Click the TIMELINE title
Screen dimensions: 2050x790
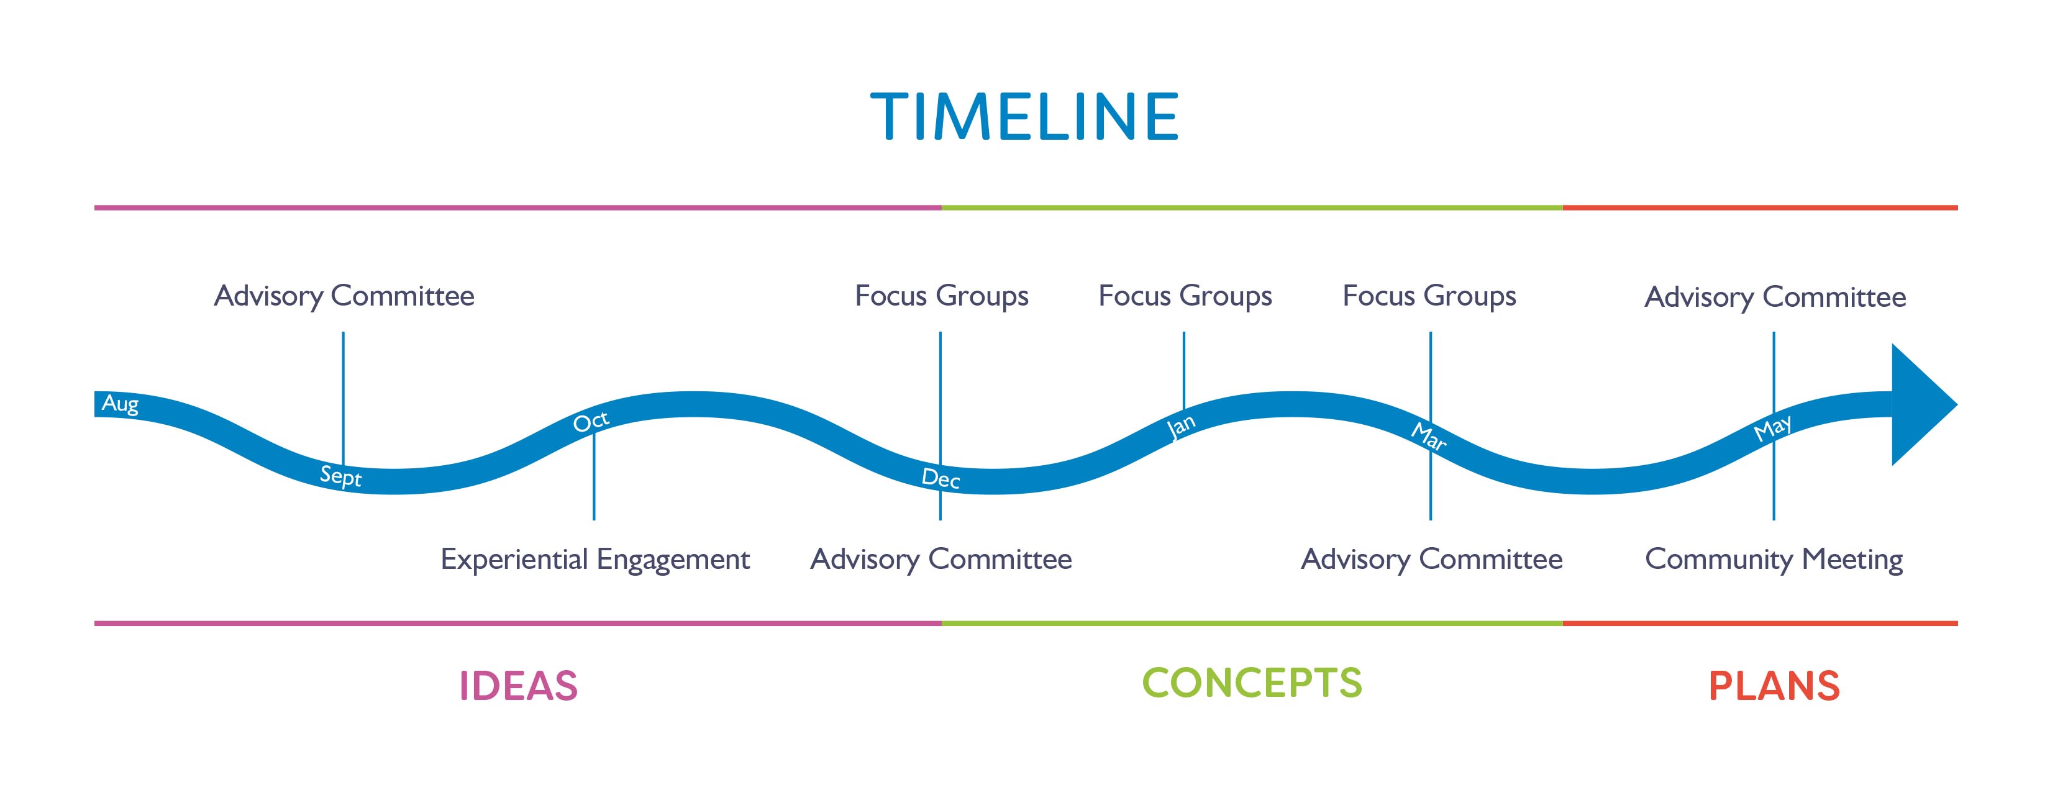(1024, 117)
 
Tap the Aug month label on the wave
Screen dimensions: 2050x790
(120, 404)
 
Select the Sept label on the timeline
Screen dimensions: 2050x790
(340, 476)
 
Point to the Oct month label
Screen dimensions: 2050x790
(591, 421)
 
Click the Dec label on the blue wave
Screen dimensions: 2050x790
(941, 478)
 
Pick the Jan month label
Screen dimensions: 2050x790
(1181, 427)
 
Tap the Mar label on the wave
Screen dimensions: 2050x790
(1428, 437)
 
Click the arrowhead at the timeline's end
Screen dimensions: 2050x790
(1923, 405)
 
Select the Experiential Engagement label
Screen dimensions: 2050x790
(595, 560)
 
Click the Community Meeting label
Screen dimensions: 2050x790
(1774, 560)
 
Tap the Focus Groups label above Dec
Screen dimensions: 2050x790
(941, 296)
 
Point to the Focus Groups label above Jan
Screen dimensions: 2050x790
(1185, 296)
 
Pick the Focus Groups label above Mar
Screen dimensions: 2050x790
(1429, 296)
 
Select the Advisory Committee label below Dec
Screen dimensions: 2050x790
(941, 560)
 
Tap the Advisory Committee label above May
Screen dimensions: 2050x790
(1775, 297)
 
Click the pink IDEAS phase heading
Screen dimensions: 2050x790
(518, 686)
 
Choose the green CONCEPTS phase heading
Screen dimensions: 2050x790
(1252, 683)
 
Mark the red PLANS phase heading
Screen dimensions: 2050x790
(1774, 686)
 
